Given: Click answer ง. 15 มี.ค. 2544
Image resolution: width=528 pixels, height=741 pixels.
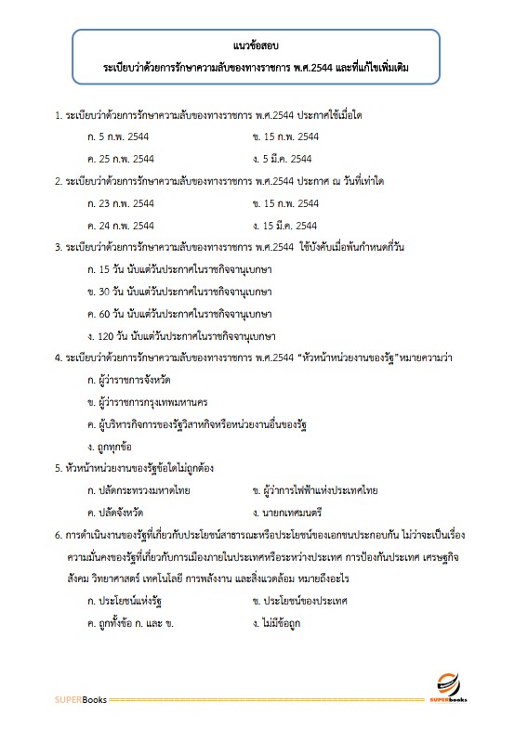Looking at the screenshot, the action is click(x=289, y=225).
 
